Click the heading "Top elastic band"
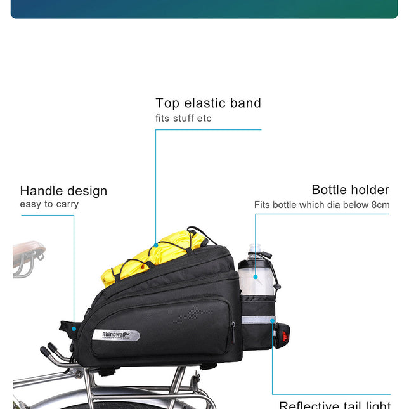pyautogui.click(x=208, y=103)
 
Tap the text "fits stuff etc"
pyautogui.click(x=183, y=119)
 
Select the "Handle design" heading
pyautogui.click(x=63, y=191)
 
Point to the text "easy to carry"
pyautogui.click(x=49, y=204)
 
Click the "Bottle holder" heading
pyautogui.click(x=350, y=190)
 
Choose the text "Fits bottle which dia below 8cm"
pyautogui.click(x=321, y=205)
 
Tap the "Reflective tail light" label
pyautogui.click(x=335, y=405)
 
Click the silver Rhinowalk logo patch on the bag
pyautogui.click(x=115, y=335)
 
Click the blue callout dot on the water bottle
pyautogui.click(x=256, y=276)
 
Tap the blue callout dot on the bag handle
pyautogui.click(x=74, y=328)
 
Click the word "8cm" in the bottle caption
pyautogui.click(x=380, y=205)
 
